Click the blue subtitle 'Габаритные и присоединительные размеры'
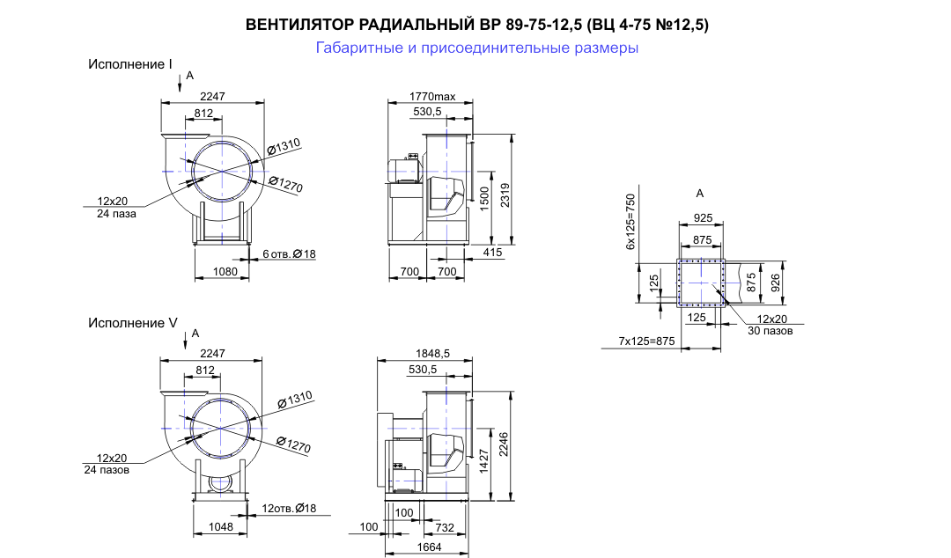pyautogui.click(x=476, y=48)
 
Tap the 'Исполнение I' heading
pyautogui.click(x=130, y=64)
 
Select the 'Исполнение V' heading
pyautogui.click(x=133, y=323)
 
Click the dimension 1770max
pyautogui.click(x=431, y=97)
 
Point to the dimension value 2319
pyautogui.click(x=505, y=195)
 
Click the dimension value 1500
pyautogui.click(x=484, y=198)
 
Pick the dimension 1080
pyautogui.click(x=225, y=272)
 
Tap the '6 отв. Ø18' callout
pyautogui.click(x=290, y=253)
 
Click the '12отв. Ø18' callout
pyautogui.click(x=290, y=508)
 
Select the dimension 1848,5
pyautogui.click(x=432, y=354)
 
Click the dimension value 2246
pyautogui.click(x=504, y=444)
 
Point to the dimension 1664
pyautogui.click(x=430, y=547)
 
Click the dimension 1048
pyautogui.click(x=221, y=527)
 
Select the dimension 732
pyautogui.click(x=445, y=528)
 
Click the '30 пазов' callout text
pyautogui.click(x=770, y=331)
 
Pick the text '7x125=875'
pyautogui.click(x=646, y=341)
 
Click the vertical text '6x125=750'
pyautogui.click(x=630, y=222)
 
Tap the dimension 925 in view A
pyautogui.click(x=703, y=217)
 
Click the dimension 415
pyautogui.click(x=492, y=253)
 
